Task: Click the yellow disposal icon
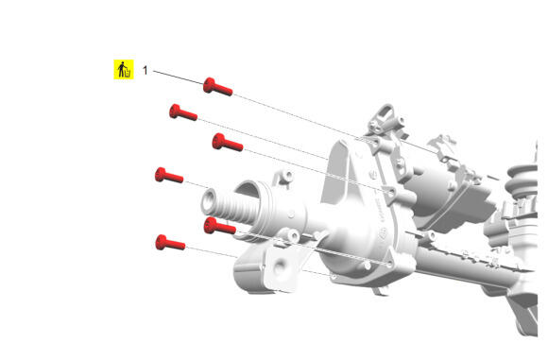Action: [x=124, y=69]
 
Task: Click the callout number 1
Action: [x=146, y=70]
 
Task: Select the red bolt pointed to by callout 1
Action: [x=217, y=87]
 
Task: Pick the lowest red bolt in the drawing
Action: [x=170, y=242]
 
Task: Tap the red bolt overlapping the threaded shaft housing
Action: [x=219, y=226]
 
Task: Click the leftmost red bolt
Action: [x=169, y=175]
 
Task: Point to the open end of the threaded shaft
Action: [x=210, y=201]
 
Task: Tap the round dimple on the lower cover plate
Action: [x=280, y=267]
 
